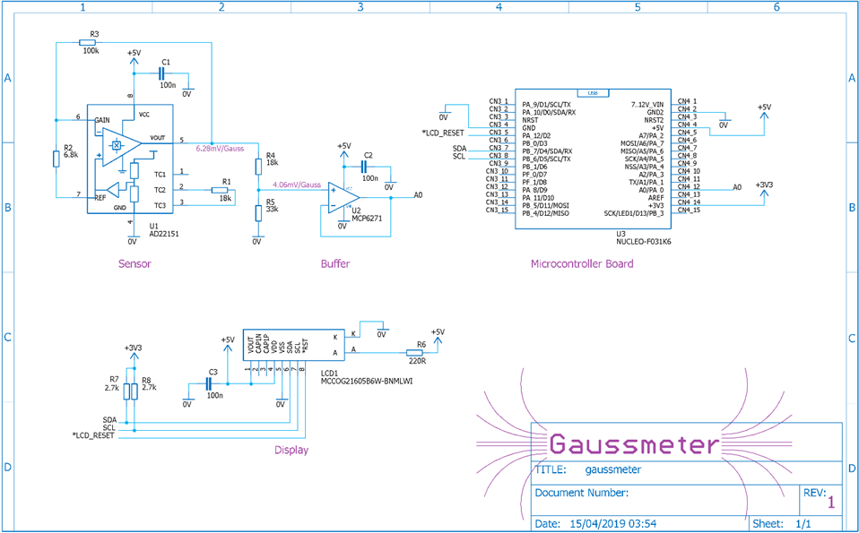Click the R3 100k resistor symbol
point(89,42)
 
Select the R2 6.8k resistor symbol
point(56,159)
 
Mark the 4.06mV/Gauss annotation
point(296,185)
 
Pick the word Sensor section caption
point(134,264)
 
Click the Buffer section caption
point(335,264)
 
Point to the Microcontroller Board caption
point(582,263)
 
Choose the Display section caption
point(291,451)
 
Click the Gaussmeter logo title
point(633,443)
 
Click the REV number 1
point(830,503)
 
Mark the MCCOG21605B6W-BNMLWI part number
point(371,382)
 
